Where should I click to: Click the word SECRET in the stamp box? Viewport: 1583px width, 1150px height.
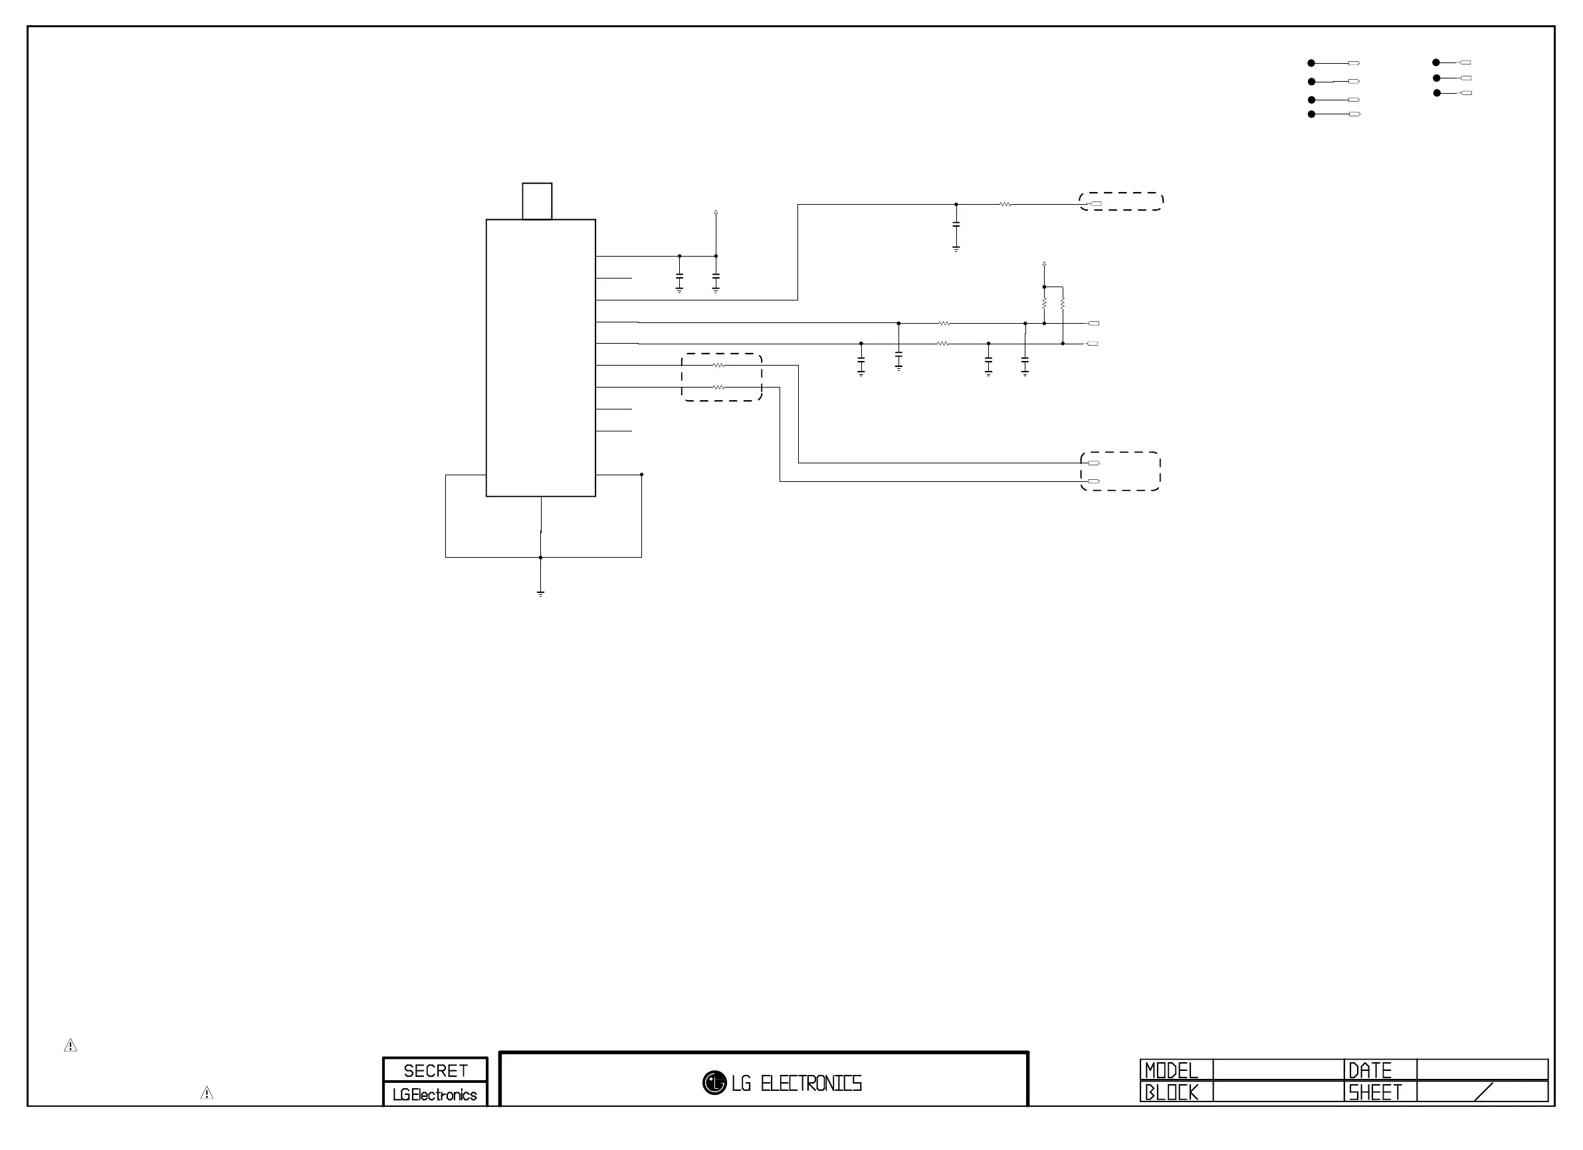[x=435, y=1070]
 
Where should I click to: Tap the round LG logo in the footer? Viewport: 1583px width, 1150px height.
[x=714, y=1083]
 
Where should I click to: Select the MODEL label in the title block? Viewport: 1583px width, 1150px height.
[x=1171, y=1070]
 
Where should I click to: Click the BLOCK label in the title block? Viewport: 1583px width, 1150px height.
[x=1171, y=1092]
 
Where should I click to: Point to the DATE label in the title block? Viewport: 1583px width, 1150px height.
[x=1370, y=1070]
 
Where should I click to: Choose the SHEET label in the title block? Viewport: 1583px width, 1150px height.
[x=1374, y=1092]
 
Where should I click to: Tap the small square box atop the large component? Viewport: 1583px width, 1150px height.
[x=537, y=201]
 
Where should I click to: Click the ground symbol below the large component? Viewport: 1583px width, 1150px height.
[x=540, y=594]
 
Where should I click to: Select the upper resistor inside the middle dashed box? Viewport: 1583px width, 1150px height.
[x=718, y=365]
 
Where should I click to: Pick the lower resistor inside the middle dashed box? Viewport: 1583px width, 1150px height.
[x=718, y=387]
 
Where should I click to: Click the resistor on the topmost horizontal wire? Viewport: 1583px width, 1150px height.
[x=1005, y=205]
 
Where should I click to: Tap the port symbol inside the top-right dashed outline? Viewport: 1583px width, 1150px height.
[x=1096, y=204]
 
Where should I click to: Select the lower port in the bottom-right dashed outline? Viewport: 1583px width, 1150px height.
[x=1094, y=481]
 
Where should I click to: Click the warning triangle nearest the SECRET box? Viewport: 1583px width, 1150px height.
[x=207, y=1093]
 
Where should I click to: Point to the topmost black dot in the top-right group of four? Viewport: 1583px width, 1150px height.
[x=1311, y=63]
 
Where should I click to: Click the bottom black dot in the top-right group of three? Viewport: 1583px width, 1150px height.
[x=1436, y=93]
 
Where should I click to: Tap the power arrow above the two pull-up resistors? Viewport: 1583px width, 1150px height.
[x=1044, y=264]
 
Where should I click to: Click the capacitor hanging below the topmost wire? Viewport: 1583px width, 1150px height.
[x=956, y=225]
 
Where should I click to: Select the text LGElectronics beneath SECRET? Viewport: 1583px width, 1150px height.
[x=435, y=1095]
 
